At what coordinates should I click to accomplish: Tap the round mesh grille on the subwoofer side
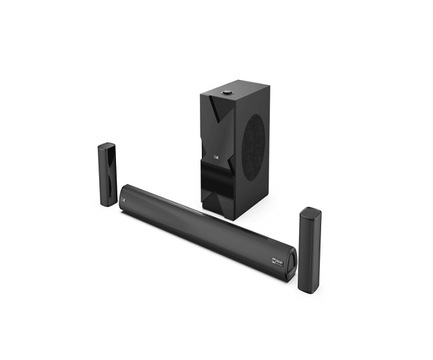point(254,145)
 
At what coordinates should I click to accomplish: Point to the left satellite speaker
point(107,174)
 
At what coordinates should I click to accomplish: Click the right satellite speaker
point(310,250)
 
